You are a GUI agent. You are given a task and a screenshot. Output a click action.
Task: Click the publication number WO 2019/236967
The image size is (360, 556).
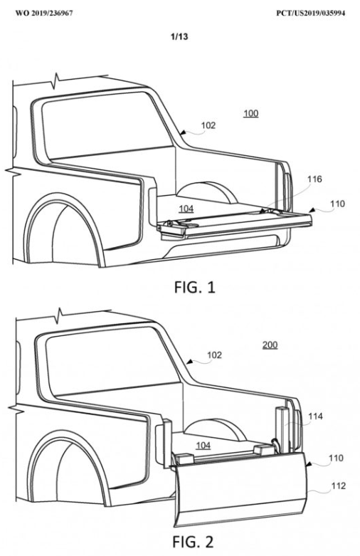coord(44,14)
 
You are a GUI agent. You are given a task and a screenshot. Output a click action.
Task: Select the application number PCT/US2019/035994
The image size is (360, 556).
coord(311,14)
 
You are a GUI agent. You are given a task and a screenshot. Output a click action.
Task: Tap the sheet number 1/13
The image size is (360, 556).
coord(179,36)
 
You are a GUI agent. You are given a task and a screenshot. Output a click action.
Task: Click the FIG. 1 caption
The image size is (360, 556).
coord(194,287)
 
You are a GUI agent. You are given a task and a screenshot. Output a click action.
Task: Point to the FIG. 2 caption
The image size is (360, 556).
coord(193,542)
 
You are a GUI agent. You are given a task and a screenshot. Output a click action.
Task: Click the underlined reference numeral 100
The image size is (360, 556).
coord(251,113)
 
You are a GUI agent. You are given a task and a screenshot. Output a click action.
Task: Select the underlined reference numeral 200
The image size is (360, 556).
coord(270,345)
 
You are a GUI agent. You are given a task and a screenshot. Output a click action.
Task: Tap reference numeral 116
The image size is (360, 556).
coord(314,179)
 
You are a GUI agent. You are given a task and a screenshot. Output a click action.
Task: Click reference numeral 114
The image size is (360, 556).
coord(315,416)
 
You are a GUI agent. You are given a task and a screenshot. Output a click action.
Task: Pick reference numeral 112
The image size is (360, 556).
coord(338,486)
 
